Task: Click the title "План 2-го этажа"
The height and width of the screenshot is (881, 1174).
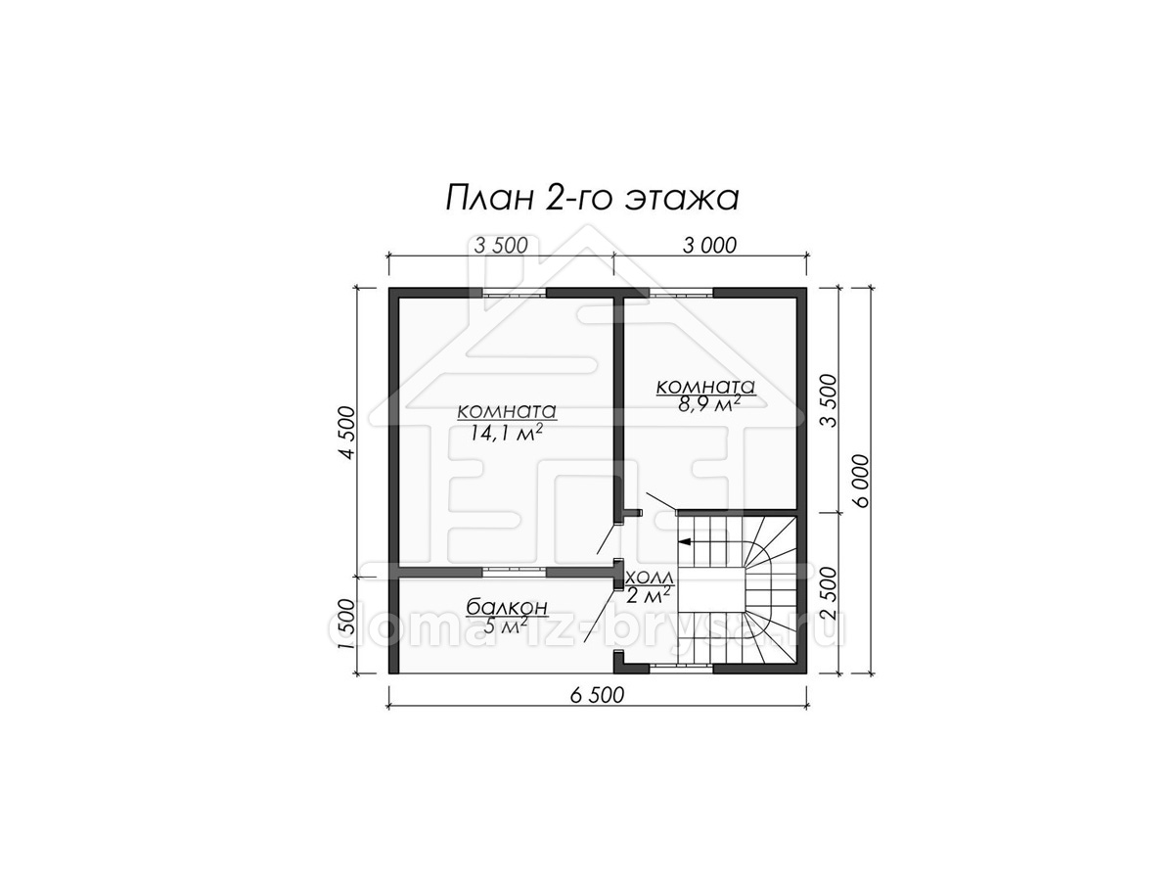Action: [x=592, y=199]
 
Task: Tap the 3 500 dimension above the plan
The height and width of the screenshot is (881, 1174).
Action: [x=501, y=246]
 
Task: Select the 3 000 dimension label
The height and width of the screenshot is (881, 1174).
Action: [x=709, y=246]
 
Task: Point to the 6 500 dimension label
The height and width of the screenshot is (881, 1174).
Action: [x=598, y=695]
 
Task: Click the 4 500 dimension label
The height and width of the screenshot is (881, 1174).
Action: [x=347, y=433]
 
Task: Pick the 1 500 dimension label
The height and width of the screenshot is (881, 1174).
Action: [x=347, y=623]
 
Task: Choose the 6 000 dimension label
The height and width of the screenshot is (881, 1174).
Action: [x=862, y=481]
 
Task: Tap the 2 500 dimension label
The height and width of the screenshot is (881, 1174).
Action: [x=828, y=592]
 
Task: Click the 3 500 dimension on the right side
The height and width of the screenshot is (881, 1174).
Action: [x=828, y=400]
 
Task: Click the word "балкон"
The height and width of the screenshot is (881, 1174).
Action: [x=507, y=607]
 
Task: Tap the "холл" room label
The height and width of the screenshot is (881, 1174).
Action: [x=650, y=578]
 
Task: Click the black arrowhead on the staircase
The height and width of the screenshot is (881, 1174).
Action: [x=684, y=542]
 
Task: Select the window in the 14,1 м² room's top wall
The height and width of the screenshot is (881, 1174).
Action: [x=516, y=293]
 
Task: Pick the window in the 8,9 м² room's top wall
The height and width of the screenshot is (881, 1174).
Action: [x=682, y=293]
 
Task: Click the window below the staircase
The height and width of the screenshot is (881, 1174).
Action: [x=682, y=669]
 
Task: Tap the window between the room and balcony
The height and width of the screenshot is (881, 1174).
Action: [x=515, y=572]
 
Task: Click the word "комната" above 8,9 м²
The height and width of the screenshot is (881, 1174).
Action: [x=705, y=387]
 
